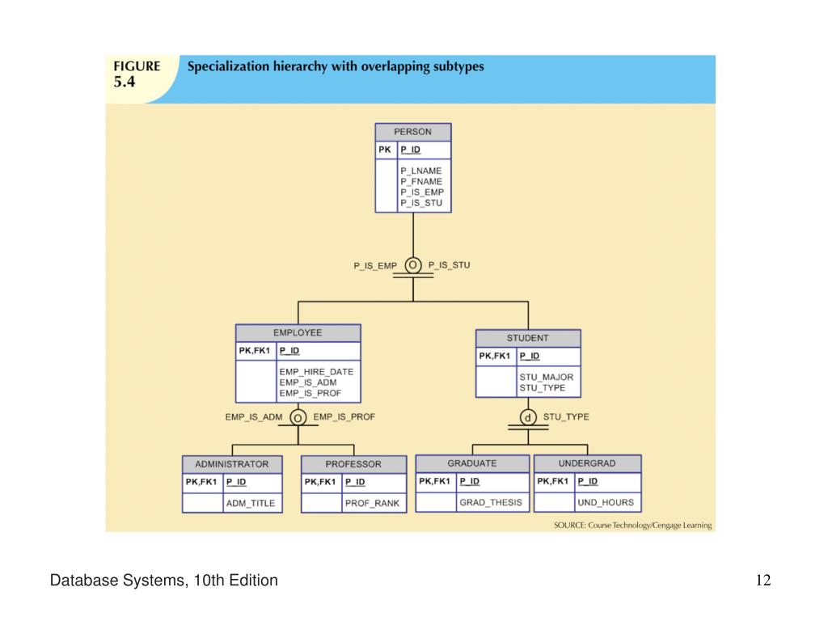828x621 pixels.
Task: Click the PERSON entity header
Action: point(413,132)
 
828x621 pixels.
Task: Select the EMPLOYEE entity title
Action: point(298,332)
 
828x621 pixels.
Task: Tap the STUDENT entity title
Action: point(528,338)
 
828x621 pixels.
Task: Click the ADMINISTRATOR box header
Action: point(232,464)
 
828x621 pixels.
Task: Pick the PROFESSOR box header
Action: point(353,464)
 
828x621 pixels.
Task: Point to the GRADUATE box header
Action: point(472,463)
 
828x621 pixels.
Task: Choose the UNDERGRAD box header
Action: point(587,463)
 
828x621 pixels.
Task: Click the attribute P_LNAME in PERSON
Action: point(420,171)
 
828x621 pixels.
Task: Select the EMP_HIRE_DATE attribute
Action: point(316,372)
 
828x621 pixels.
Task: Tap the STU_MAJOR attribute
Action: point(546,377)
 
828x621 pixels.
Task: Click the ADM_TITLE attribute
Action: point(251,503)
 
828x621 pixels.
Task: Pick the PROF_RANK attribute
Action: point(372,503)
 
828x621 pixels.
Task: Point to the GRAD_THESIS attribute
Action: point(491,502)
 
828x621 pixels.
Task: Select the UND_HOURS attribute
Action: point(606,502)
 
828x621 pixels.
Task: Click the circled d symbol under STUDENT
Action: point(528,418)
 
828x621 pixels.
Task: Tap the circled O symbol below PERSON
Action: point(413,265)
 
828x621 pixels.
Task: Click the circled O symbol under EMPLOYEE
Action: point(298,418)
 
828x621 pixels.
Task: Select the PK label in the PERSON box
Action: point(384,150)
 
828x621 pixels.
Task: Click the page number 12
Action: point(763,581)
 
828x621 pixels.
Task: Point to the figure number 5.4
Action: point(125,82)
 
